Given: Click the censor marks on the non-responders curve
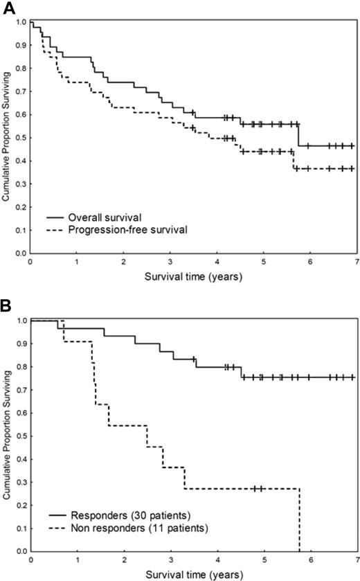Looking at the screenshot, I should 258,489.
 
